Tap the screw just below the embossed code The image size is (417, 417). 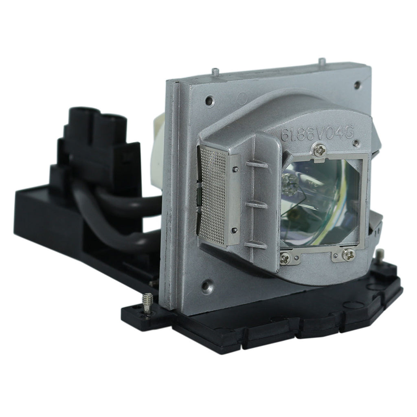(320, 150)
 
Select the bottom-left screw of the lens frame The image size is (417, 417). (285, 257)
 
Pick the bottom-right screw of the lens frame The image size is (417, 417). (348, 255)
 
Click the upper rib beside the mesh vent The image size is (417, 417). (257, 165)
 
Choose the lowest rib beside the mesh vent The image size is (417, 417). (255, 245)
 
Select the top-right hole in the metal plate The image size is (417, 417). (357, 85)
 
